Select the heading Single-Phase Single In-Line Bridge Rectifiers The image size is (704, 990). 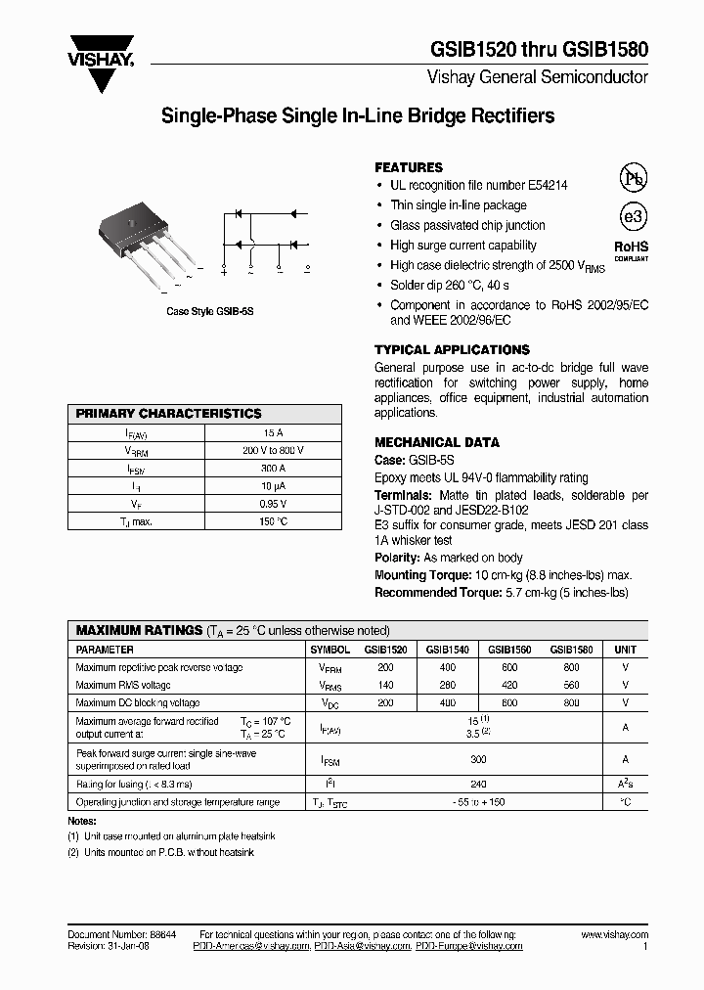coord(357,116)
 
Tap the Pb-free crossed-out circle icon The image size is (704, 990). coord(634,178)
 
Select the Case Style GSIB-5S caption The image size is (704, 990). coord(209,310)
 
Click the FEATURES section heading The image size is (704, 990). coord(409,167)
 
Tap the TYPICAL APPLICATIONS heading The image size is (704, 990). coord(452,349)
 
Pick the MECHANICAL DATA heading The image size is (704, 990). coord(437,442)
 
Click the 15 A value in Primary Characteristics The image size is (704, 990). coord(273,432)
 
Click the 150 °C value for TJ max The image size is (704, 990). coord(273,521)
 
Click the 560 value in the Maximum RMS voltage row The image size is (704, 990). coord(571,686)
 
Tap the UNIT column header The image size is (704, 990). coord(624,650)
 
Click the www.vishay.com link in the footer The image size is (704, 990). coord(614,935)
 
